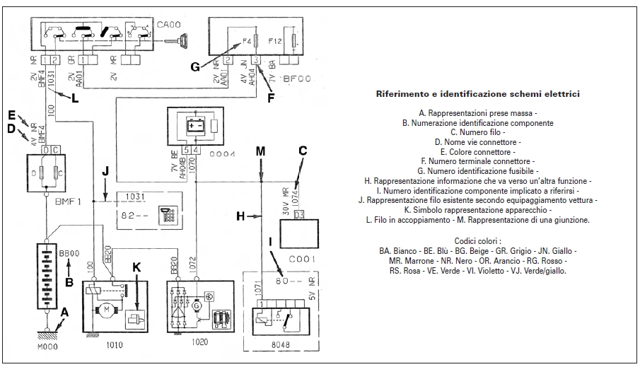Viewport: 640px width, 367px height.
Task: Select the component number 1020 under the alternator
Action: point(199,341)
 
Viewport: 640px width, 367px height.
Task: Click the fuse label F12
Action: point(276,42)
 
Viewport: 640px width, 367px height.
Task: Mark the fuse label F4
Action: point(247,42)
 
